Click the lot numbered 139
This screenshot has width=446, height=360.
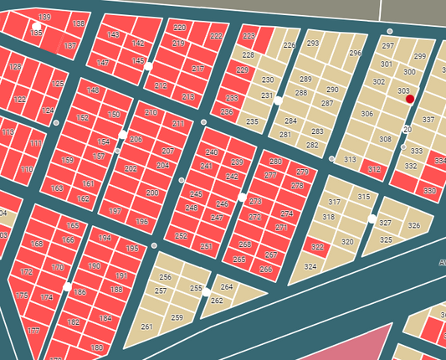pos(44,18)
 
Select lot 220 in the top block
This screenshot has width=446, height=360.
pos(180,28)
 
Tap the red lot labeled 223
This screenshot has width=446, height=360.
pos(249,37)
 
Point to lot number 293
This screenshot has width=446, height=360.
pos(313,44)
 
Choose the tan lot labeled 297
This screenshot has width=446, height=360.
pos(387,45)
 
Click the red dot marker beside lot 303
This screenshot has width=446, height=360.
pos(410,99)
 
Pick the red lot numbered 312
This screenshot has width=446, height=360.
pos(373,169)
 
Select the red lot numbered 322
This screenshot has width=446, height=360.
pos(317,248)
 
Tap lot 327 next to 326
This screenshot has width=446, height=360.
pos(385,224)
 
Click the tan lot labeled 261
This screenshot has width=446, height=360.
pos(147,327)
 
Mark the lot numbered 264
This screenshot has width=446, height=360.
pos(227,287)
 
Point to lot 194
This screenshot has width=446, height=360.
pos(105,239)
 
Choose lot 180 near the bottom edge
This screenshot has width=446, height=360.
pos(97,347)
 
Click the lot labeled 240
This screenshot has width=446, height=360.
pos(212,152)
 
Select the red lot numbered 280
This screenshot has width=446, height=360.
pos(275,161)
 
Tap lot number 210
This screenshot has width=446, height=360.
pos(151,112)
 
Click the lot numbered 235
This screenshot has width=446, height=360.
pos(252,122)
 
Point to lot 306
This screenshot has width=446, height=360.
pos(367,114)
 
